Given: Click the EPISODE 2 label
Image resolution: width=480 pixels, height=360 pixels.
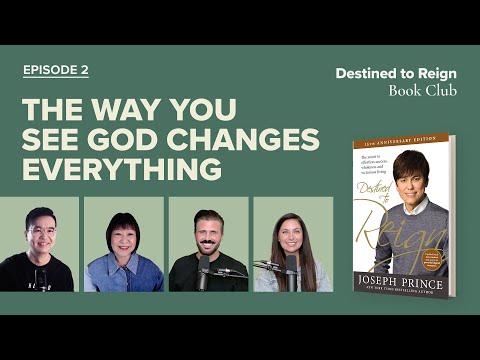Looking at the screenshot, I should (56, 70).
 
